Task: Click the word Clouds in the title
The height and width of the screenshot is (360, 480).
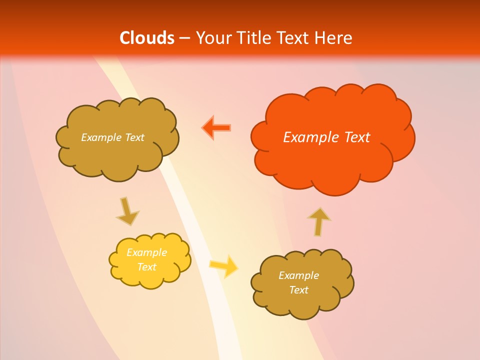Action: pos(147,38)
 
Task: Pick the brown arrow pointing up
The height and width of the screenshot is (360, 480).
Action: pos(318,220)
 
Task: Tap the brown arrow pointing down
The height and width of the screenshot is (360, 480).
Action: pos(127,211)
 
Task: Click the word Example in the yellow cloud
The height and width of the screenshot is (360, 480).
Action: pos(146,252)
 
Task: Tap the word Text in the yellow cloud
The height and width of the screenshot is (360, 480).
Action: pos(146,267)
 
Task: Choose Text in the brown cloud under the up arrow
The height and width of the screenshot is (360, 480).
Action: pos(298,290)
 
